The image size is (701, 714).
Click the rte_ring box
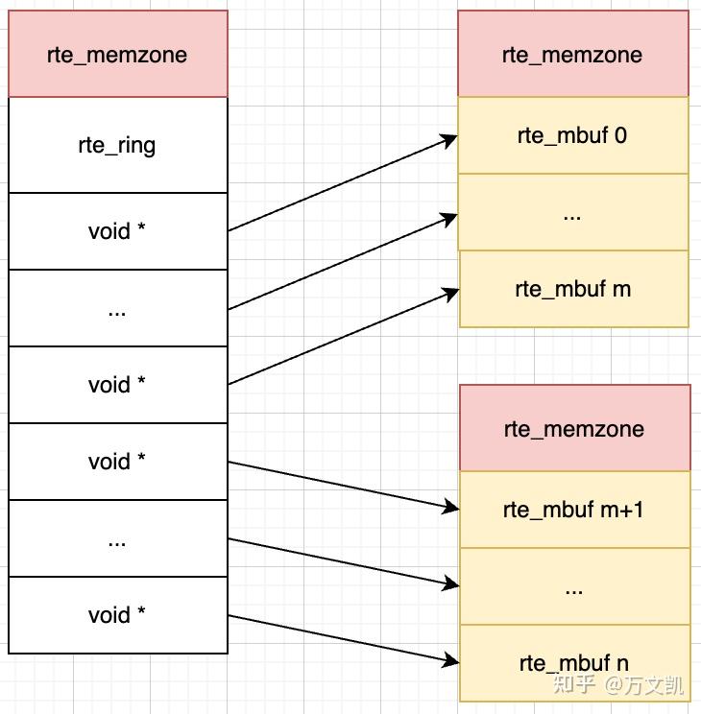(117, 146)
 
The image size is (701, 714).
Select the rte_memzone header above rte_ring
(117, 55)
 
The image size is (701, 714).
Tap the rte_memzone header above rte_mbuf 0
(572, 55)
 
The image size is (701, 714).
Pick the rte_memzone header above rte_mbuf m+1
(574, 429)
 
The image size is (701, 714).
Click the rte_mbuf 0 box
(572, 135)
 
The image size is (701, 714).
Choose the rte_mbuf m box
(573, 289)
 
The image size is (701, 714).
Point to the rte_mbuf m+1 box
(574, 510)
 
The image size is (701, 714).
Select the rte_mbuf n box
(574, 662)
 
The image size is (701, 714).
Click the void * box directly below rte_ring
(117, 231)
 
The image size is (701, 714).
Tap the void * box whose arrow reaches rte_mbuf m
(117, 385)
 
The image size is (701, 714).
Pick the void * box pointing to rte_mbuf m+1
(117, 462)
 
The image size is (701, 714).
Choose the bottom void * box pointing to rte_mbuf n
(117, 615)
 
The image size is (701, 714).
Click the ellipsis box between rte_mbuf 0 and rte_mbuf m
(572, 213)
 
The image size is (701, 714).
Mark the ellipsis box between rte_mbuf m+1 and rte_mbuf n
(574, 586)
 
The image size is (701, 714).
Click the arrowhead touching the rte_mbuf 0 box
(449, 140)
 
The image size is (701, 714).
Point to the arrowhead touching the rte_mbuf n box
(451, 660)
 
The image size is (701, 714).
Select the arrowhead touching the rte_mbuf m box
(451, 293)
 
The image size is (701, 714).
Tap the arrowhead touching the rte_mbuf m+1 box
(451, 506)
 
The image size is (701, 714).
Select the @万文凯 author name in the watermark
(644, 685)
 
